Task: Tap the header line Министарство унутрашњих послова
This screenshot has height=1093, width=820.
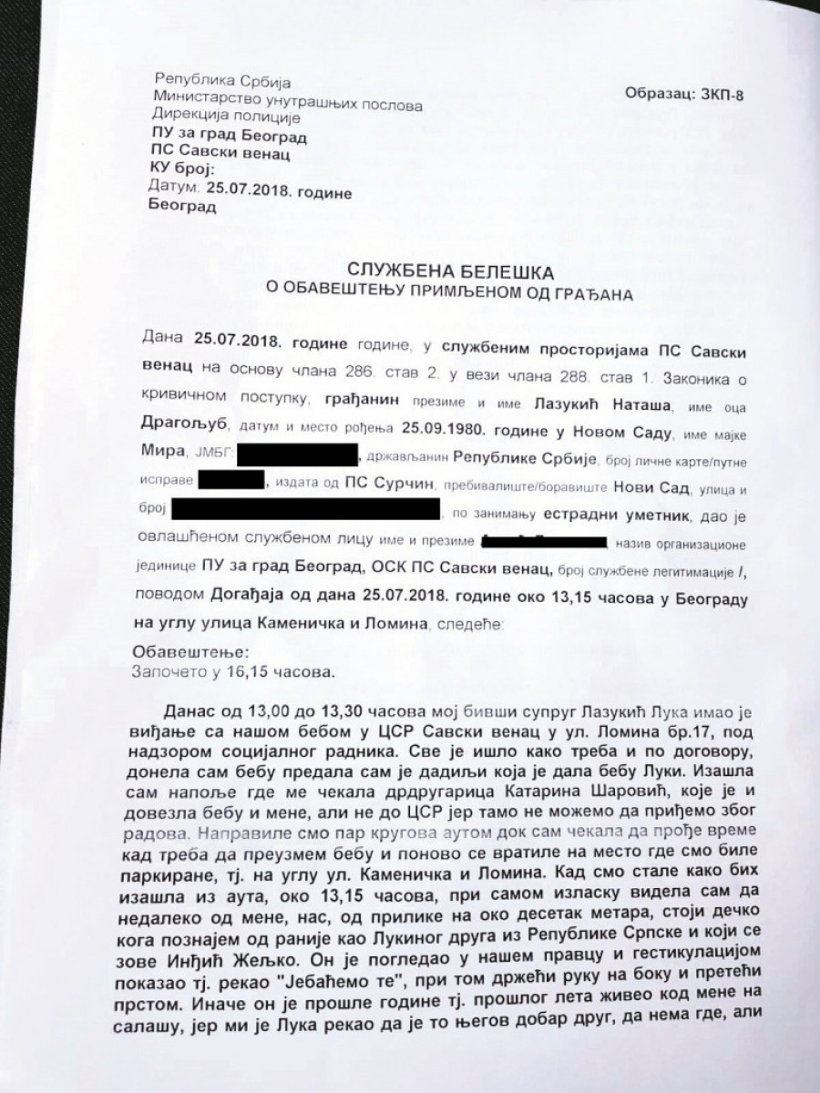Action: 288,105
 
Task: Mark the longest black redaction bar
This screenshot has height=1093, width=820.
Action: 305,507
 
